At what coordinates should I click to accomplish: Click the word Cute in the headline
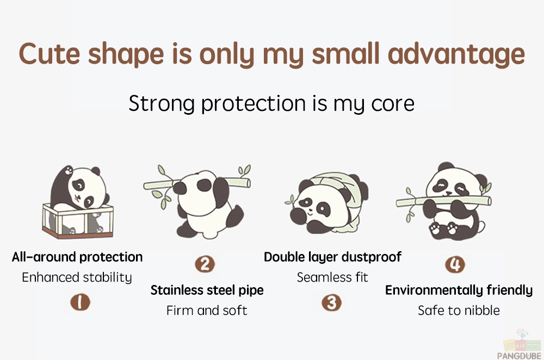pyautogui.click(x=50, y=54)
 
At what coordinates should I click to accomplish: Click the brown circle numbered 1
pyautogui.click(x=80, y=302)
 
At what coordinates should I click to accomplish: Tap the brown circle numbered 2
pyautogui.click(x=205, y=264)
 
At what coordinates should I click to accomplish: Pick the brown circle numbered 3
pyautogui.click(x=332, y=302)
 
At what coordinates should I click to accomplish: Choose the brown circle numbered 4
pyautogui.click(x=455, y=264)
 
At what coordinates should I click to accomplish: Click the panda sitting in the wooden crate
pyautogui.click(x=78, y=202)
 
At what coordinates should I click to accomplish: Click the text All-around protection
pyautogui.click(x=77, y=257)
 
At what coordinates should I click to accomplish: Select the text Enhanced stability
pyautogui.click(x=77, y=277)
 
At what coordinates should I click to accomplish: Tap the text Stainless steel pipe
pyautogui.click(x=207, y=290)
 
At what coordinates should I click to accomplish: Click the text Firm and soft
pyautogui.click(x=207, y=311)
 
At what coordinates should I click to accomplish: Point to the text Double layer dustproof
pyautogui.click(x=332, y=257)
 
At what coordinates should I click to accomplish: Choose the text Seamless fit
pyautogui.click(x=332, y=277)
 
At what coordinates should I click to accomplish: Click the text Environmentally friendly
pyautogui.click(x=459, y=290)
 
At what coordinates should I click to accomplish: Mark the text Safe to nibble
pyautogui.click(x=459, y=311)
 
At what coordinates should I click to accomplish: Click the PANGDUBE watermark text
pyautogui.click(x=519, y=356)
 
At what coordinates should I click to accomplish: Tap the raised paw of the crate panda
pyautogui.click(x=69, y=170)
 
